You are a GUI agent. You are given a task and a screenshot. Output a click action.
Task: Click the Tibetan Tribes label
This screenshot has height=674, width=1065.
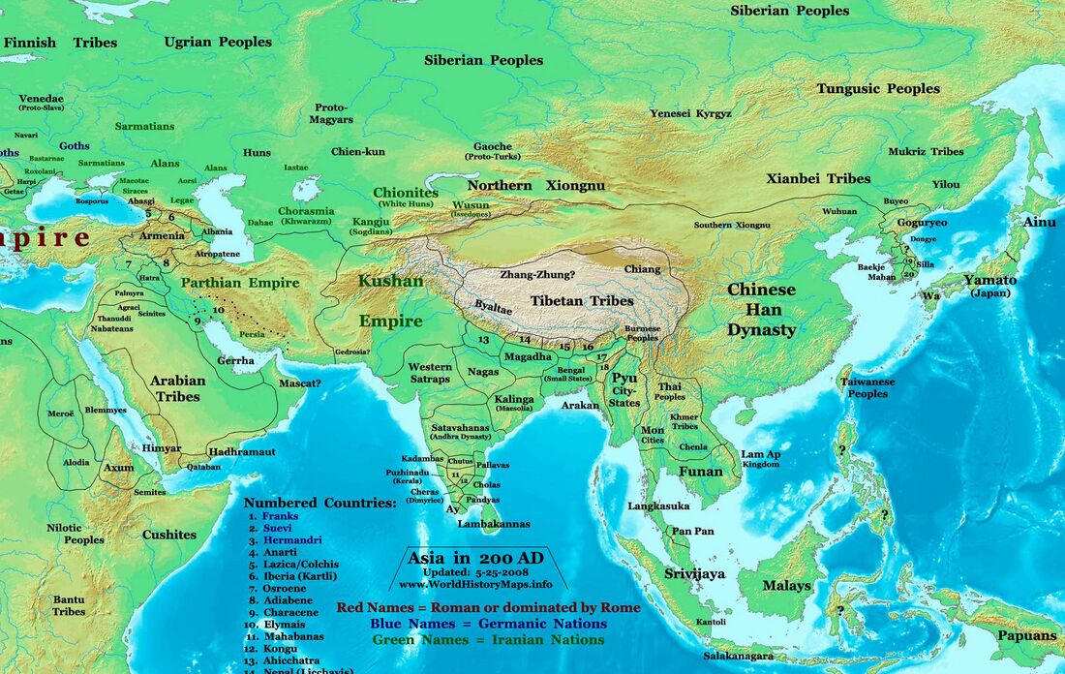point(581,301)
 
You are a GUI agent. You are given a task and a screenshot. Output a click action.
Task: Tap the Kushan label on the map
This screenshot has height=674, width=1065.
point(391,282)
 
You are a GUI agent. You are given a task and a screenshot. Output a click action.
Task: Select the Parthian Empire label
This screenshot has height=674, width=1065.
point(239,284)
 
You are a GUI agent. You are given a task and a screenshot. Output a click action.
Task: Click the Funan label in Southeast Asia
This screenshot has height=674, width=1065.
point(701,472)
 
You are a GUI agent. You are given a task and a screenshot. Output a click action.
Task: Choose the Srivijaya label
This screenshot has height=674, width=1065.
point(694,573)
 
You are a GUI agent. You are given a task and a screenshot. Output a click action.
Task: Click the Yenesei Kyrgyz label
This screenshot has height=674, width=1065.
point(690,113)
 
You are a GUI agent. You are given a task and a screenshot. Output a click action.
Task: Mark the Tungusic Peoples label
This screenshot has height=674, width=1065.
point(878,88)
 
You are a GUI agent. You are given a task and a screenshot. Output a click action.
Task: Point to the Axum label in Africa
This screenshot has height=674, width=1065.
point(119,468)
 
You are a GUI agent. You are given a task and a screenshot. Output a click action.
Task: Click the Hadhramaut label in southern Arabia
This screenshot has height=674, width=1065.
point(242,452)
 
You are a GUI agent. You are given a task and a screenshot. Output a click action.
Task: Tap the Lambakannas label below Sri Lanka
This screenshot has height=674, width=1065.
point(494,524)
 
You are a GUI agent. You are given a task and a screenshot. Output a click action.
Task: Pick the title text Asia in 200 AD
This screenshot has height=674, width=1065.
point(474,559)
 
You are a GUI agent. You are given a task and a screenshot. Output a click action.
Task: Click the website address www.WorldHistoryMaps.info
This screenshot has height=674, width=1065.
point(474,584)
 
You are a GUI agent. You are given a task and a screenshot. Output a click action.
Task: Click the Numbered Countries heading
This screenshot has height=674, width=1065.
point(319,504)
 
